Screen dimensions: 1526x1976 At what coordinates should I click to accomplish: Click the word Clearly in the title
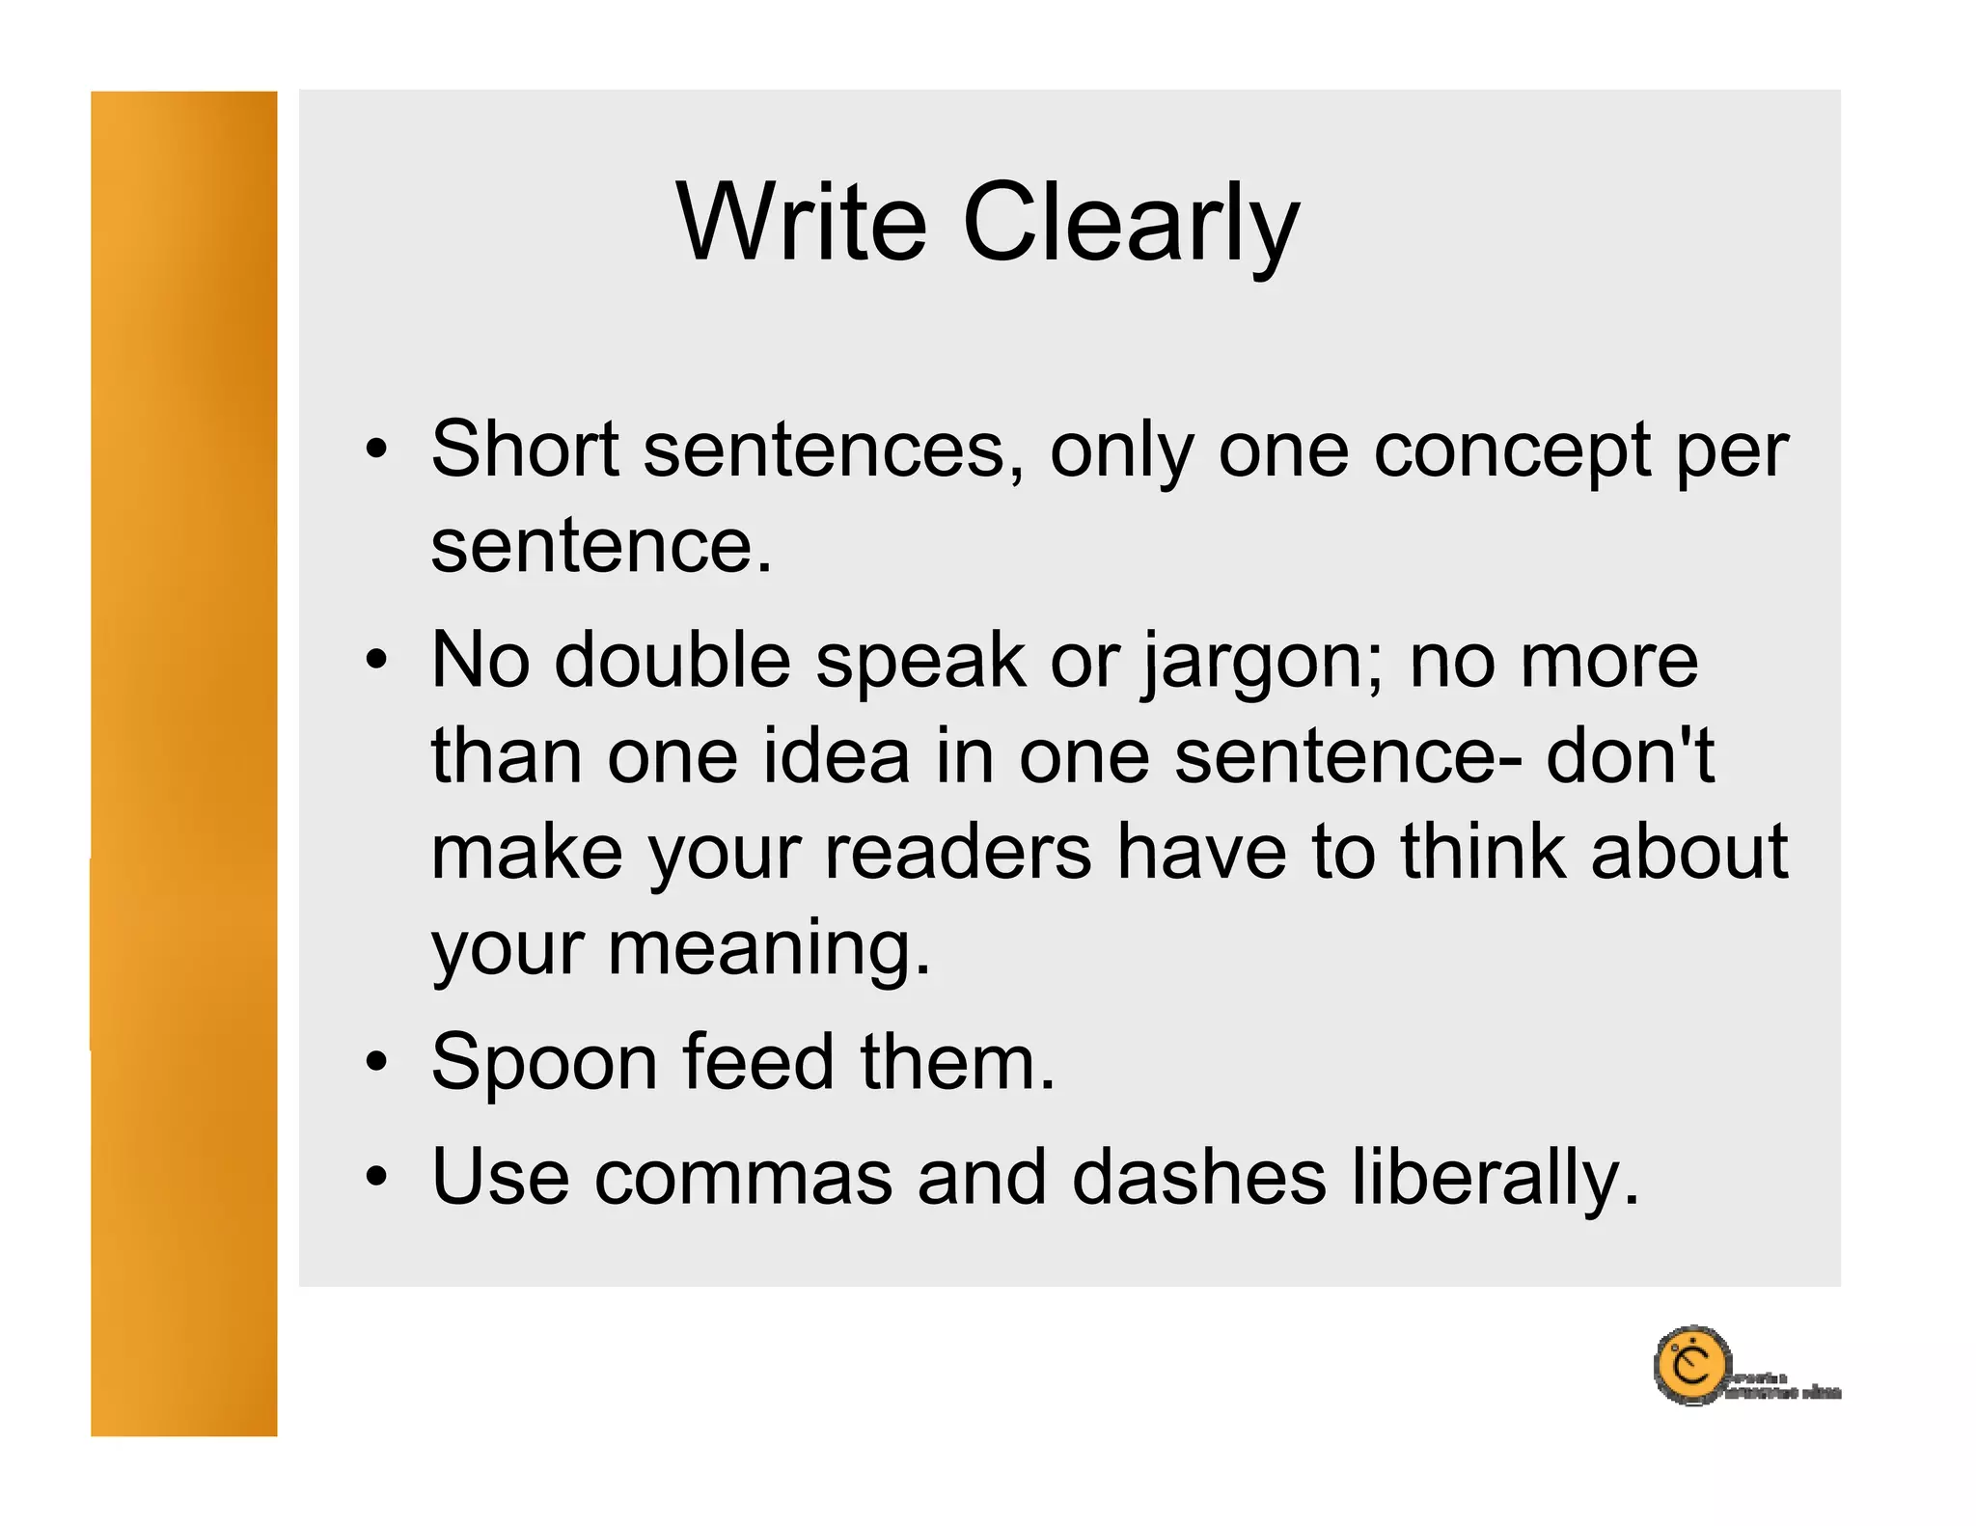tap(1131, 224)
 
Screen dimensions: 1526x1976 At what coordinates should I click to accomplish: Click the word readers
tap(958, 852)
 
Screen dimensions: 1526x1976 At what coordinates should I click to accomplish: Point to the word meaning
tap(767, 949)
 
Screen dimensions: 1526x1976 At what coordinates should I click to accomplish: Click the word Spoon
tap(544, 1062)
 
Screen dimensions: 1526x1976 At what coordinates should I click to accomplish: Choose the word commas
tap(743, 1177)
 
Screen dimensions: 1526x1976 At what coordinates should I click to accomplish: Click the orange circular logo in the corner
tap(1691, 1366)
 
